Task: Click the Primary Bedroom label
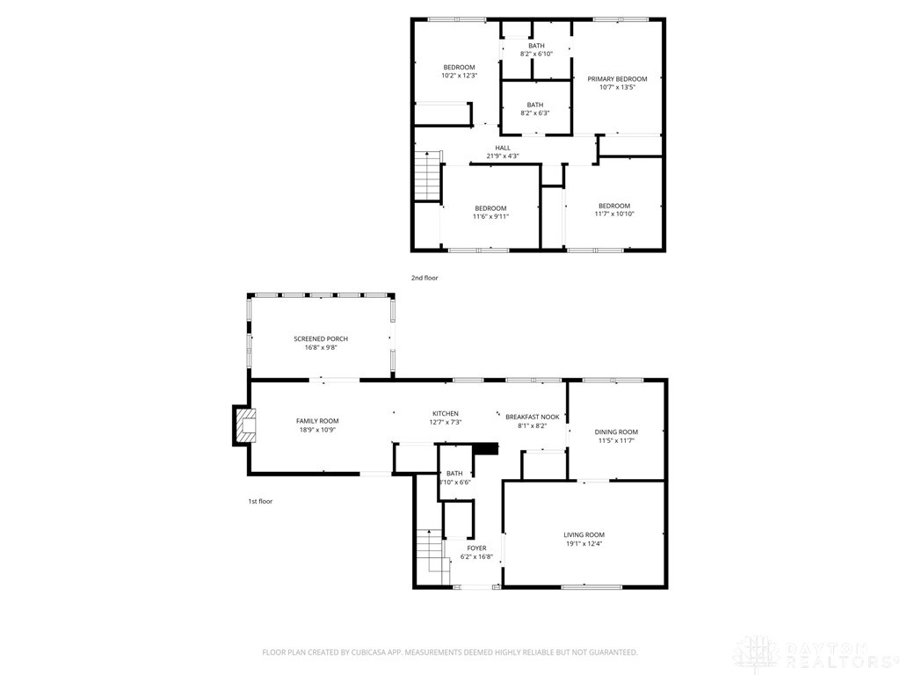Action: (x=617, y=79)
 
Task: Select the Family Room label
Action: (x=316, y=421)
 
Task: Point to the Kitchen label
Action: (x=445, y=414)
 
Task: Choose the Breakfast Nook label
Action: (x=532, y=417)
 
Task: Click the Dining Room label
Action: (x=616, y=432)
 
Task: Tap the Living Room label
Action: (x=584, y=534)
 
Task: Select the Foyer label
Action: (x=476, y=548)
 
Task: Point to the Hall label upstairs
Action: (x=503, y=148)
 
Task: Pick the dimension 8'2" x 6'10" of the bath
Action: (x=536, y=54)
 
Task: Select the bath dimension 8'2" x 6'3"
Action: (x=534, y=113)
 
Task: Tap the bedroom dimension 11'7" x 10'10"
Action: (x=613, y=214)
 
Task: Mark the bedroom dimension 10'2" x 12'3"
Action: (x=459, y=76)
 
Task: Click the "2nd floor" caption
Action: (x=424, y=278)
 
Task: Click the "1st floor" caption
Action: (x=259, y=501)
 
